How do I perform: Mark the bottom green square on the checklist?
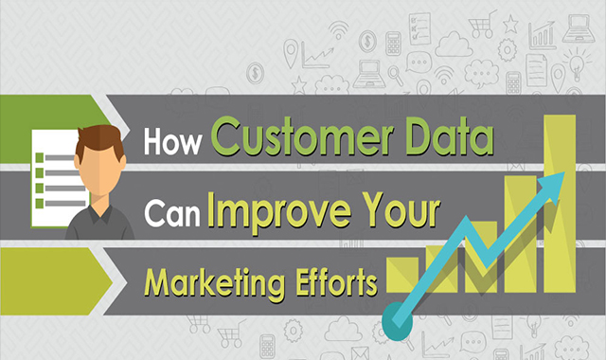(x=40, y=203)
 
